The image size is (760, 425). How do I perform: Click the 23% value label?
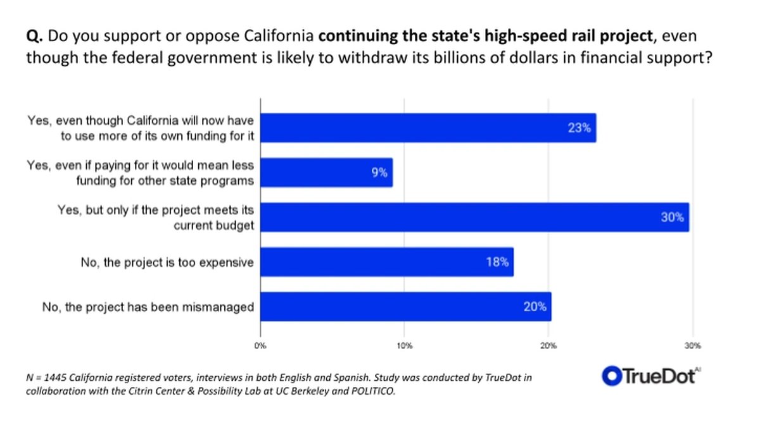point(579,128)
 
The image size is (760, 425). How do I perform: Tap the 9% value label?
point(379,173)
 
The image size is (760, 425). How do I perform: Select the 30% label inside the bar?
point(673,217)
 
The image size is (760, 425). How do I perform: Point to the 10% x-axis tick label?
point(404,346)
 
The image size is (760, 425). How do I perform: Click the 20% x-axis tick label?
point(548,346)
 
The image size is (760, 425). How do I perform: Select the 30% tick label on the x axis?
point(692,346)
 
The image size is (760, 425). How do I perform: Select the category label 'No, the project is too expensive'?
point(167,262)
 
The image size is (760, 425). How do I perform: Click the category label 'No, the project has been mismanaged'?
point(148,307)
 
